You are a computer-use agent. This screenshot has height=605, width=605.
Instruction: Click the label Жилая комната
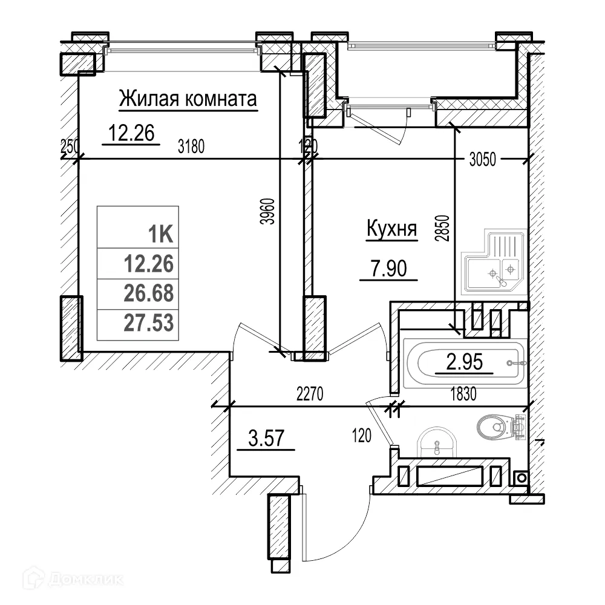tap(188, 99)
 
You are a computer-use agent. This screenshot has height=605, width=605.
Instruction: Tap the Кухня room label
tap(392, 229)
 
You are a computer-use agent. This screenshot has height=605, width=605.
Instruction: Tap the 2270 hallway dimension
tap(311, 394)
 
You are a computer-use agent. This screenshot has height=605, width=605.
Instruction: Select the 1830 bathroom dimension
tap(463, 394)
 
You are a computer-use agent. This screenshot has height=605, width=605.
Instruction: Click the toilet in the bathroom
tap(496, 426)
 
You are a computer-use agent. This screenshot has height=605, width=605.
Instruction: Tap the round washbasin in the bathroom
tap(436, 444)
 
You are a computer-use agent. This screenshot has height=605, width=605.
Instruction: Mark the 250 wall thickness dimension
tap(70, 146)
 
